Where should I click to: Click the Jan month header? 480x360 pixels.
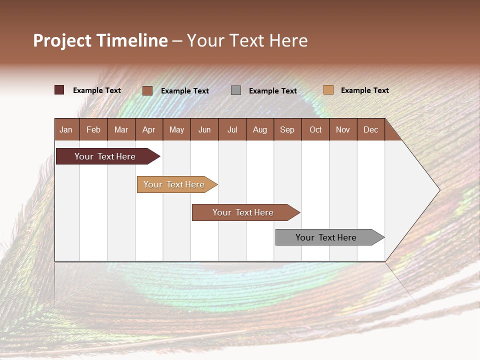(x=66, y=130)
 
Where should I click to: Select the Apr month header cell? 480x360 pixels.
(x=149, y=129)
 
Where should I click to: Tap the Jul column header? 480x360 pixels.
(x=232, y=129)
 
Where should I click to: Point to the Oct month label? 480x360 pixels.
(x=315, y=130)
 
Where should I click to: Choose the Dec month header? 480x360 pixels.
(x=370, y=130)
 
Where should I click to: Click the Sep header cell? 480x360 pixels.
(x=288, y=129)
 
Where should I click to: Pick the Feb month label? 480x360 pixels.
(x=93, y=130)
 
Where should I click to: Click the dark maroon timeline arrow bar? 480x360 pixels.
(x=108, y=156)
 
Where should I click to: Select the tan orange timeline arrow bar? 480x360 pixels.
(x=177, y=184)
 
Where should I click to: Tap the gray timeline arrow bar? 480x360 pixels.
(x=330, y=237)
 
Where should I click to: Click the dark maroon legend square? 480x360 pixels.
(x=59, y=90)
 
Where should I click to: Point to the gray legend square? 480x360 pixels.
(x=235, y=90)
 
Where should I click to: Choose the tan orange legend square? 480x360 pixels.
(x=328, y=89)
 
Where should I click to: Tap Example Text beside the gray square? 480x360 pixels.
(x=273, y=91)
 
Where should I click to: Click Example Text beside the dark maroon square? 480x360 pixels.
(x=96, y=90)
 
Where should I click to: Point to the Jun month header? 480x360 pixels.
(x=204, y=130)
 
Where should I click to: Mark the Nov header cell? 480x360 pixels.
(x=343, y=129)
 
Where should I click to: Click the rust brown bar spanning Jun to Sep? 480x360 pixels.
(x=246, y=212)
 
